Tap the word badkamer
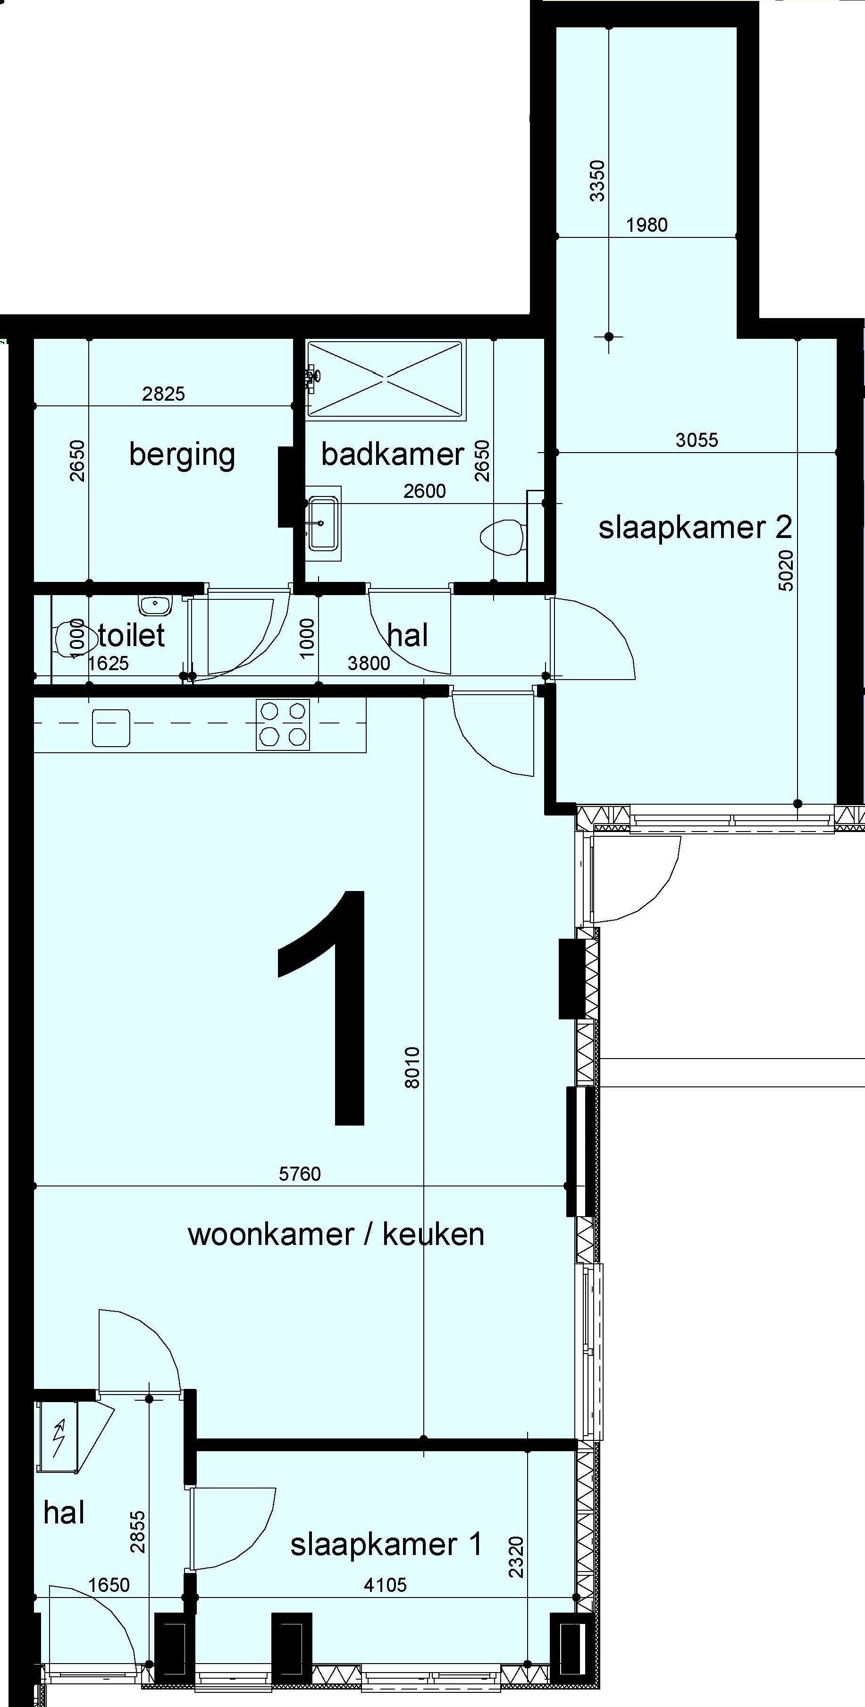[x=393, y=454]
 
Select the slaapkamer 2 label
[x=695, y=528]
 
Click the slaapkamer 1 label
[x=386, y=1545]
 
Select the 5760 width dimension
[x=300, y=1174]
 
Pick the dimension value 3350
[x=597, y=180]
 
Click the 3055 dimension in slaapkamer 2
[x=697, y=440]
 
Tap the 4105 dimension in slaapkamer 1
[x=385, y=1585]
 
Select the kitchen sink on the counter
[x=111, y=728]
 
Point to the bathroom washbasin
[x=323, y=523]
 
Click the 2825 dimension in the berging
[x=163, y=394]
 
